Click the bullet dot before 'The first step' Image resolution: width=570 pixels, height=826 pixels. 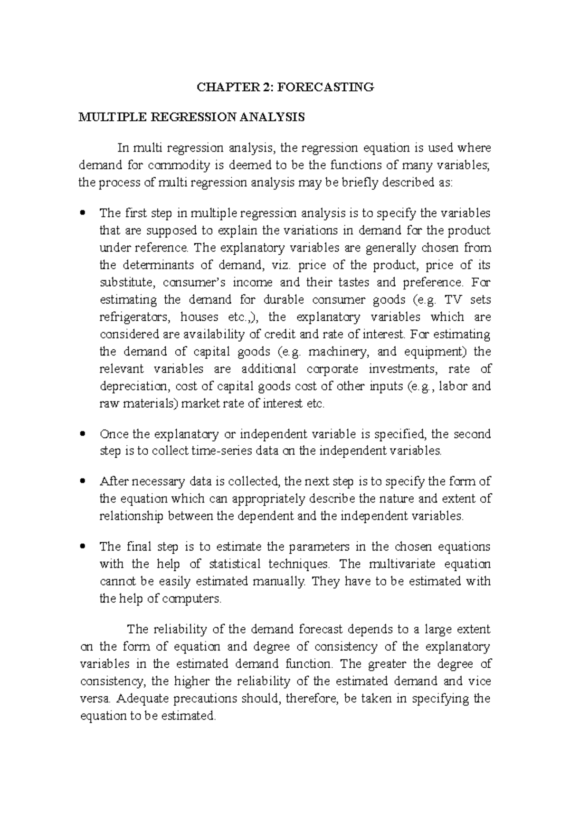[83, 213]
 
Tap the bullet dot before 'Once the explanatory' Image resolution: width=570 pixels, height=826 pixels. [83, 433]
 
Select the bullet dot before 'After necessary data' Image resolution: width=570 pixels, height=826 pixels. [83, 481]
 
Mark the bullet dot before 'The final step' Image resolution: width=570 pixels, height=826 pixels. [83, 546]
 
